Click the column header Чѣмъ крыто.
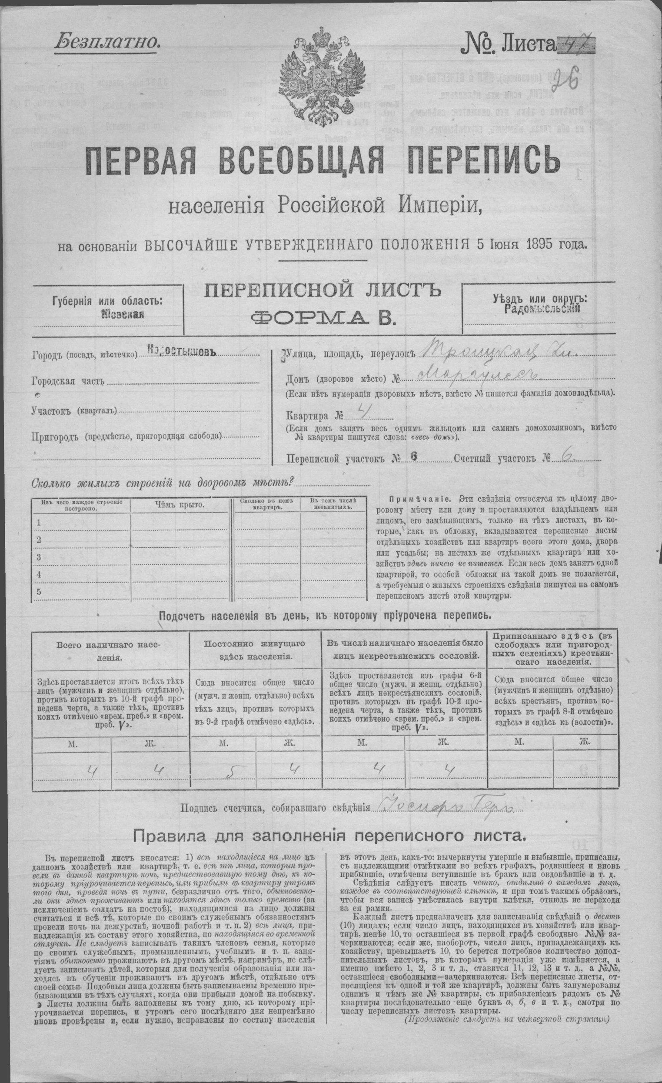click(x=180, y=505)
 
